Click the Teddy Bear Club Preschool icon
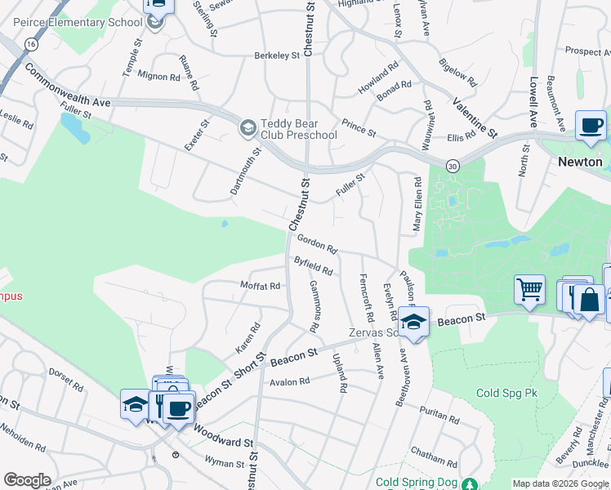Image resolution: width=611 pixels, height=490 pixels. pyautogui.click(x=248, y=128)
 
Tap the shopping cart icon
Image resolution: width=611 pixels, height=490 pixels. pyautogui.click(x=529, y=290)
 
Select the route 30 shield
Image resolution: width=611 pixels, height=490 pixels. pyautogui.click(x=453, y=166)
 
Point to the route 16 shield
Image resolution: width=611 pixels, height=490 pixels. pyautogui.click(x=30, y=42)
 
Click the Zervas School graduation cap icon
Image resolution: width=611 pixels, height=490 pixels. pyautogui.click(x=414, y=322)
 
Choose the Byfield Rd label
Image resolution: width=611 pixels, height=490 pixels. pyautogui.click(x=313, y=265)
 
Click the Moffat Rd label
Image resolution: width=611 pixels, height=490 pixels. pyautogui.click(x=260, y=286)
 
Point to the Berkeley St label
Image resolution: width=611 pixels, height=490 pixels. pyautogui.click(x=277, y=56)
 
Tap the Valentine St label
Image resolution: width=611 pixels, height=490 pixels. pyautogui.click(x=475, y=118)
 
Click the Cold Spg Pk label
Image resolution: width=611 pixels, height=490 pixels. pyautogui.click(x=506, y=393)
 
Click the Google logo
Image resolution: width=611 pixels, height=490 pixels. pyautogui.click(x=27, y=480)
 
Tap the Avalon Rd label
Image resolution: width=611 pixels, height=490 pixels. pyautogui.click(x=290, y=381)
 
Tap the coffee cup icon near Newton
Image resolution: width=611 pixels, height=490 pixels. pyautogui.click(x=591, y=126)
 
